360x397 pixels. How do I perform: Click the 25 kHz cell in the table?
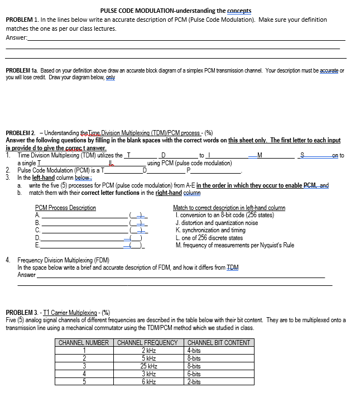tap(148, 366)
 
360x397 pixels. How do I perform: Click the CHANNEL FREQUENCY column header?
tap(148, 342)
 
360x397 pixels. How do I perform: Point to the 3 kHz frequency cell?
tap(148, 374)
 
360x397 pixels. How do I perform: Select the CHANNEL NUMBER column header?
tap(84, 342)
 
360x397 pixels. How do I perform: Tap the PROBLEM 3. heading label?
tap(22, 312)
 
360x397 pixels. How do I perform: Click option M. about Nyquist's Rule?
tap(234, 245)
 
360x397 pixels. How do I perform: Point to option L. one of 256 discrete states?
tap(209, 237)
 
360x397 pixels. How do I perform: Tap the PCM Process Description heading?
tap(65, 208)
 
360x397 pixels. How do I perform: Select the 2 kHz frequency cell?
tap(148, 350)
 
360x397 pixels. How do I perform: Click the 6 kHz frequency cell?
tap(148, 381)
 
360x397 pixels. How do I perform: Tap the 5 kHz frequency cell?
tap(148, 358)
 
